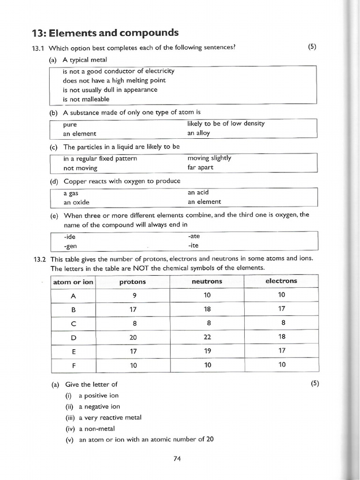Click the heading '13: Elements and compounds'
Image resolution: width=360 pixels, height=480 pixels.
click(105, 33)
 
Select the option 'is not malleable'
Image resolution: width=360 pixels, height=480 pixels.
click(86, 99)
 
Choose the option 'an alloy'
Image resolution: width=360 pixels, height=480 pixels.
click(199, 133)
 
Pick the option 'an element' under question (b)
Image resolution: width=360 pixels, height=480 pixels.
click(80, 134)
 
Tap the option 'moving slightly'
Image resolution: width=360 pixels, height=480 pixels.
click(209, 158)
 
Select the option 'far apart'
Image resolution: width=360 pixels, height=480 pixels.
click(200, 167)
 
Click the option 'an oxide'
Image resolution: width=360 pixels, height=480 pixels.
click(76, 202)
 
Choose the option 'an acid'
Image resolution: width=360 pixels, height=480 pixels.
click(198, 193)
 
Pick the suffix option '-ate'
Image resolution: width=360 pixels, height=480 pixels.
click(194, 236)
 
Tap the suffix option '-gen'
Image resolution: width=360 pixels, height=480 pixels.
click(70, 246)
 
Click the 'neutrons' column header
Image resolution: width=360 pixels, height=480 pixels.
click(207, 282)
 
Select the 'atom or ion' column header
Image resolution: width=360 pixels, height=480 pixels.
click(73, 282)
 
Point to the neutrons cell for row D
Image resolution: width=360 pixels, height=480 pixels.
click(207, 337)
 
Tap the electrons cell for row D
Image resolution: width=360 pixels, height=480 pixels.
click(282, 337)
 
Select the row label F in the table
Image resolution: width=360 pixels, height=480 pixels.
click(73, 365)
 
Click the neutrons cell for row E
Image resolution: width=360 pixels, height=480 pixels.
click(207, 351)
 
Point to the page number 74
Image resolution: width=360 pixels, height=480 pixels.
click(177, 459)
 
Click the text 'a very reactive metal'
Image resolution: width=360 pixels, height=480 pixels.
click(110, 418)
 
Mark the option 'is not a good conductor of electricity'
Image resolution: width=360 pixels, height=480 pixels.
click(118, 71)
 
